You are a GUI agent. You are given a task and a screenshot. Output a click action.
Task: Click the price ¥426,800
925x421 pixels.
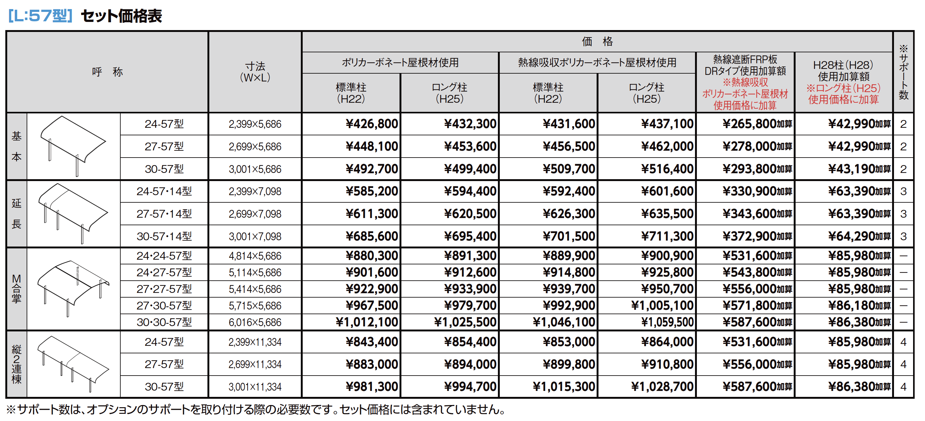[x=372, y=124]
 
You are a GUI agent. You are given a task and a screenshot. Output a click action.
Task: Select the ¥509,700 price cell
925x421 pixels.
[x=569, y=169]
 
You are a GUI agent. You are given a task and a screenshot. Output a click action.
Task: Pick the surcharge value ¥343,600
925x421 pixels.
[x=757, y=214]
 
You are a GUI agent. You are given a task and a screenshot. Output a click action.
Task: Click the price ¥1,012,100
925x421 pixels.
[x=367, y=322]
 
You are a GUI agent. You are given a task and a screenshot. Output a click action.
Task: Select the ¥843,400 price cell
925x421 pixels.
[x=372, y=342]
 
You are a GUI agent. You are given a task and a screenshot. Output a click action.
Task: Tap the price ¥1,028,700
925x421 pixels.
[x=662, y=387]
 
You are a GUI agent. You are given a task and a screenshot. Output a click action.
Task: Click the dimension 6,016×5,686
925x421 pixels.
[x=255, y=322]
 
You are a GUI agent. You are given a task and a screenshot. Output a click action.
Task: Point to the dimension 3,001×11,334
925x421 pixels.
[x=255, y=387]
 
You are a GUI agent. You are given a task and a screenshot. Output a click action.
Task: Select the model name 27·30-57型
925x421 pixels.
[x=164, y=306]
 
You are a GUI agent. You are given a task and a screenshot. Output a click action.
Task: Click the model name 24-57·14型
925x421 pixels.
[x=164, y=191]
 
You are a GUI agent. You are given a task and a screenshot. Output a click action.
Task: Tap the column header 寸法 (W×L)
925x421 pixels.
[x=255, y=72]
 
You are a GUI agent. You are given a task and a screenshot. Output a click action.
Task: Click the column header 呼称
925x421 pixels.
[x=107, y=72]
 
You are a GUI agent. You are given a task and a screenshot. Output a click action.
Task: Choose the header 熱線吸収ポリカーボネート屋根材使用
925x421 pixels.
[x=597, y=63]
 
